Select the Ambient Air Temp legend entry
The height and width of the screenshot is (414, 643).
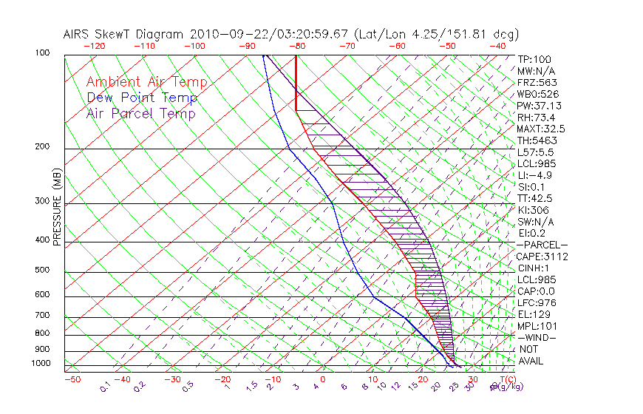click(x=146, y=83)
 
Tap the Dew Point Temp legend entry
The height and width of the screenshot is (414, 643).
click(x=142, y=98)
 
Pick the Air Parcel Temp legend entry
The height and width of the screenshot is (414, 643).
click(x=141, y=114)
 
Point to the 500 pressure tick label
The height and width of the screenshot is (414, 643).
click(x=41, y=271)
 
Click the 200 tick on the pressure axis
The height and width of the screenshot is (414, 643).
click(x=41, y=147)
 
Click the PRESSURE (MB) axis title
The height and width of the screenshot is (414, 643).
click(x=57, y=207)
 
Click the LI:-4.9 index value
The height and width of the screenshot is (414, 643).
click(x=535, y=175)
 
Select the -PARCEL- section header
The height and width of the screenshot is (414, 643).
click(x=542, y=245)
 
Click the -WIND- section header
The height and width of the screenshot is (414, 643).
click(x=538, y=337)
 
